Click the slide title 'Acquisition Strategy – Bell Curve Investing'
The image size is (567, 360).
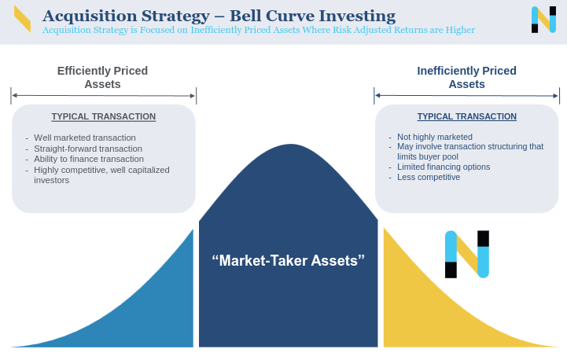tap(219, 16)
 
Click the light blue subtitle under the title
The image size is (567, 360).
tap(258, 30)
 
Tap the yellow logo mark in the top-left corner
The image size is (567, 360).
tap(22, 19)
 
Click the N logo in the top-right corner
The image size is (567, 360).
tap(543, 20)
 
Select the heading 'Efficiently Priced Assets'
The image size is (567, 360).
tap(102, 77)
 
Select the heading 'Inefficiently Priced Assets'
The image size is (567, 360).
tap(466, 77)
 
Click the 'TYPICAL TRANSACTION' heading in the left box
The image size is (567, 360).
tap(103, 116)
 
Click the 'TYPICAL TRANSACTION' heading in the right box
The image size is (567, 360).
tap(466, 116)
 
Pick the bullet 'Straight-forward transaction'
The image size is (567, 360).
tap(87, 149)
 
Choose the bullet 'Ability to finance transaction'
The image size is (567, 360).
tap(88, 159)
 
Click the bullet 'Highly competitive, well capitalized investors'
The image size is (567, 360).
tap(101, 174)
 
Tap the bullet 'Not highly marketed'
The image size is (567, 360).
tap(434, 137)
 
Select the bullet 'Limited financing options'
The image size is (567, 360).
tap(444, 167)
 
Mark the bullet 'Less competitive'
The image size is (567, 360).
tap(429, 177)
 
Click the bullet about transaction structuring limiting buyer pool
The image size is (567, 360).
tap(469, 151)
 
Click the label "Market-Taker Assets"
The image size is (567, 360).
tap(288, 260)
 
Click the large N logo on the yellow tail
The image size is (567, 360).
tap(467, 254)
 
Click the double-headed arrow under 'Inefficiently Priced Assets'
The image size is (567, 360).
tap(466, 95)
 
